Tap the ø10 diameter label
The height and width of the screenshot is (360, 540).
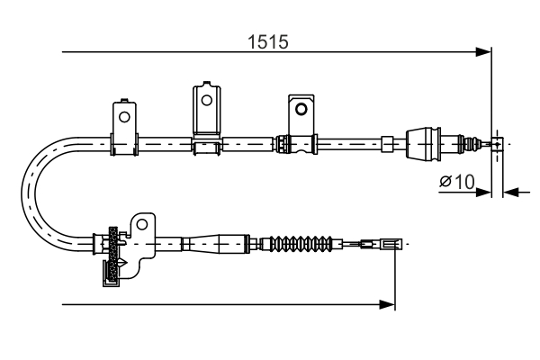pyautogui.click(x=456, y=182)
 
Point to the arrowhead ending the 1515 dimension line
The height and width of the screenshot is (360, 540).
pyautogui.click(x=484, y=52)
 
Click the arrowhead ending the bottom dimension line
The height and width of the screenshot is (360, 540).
pyautogui.click(x=388, y=305)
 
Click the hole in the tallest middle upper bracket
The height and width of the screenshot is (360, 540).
pyautogui.click(x=207, y=99)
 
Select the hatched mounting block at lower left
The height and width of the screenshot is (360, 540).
pyautogui.click(x=112, y=256)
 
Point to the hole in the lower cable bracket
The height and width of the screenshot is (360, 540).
pyautogui.click(x=142, y=225)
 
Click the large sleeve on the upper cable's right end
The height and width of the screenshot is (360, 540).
pyautogui.click(x=424, y=142)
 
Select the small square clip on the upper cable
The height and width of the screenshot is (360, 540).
pyautogui.click(x=387, y=142)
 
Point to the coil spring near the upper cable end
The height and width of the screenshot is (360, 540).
pyautogui.click(x=468, y=142)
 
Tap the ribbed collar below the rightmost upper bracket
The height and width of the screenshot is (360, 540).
pyautogui.click(x=283, y=142)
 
